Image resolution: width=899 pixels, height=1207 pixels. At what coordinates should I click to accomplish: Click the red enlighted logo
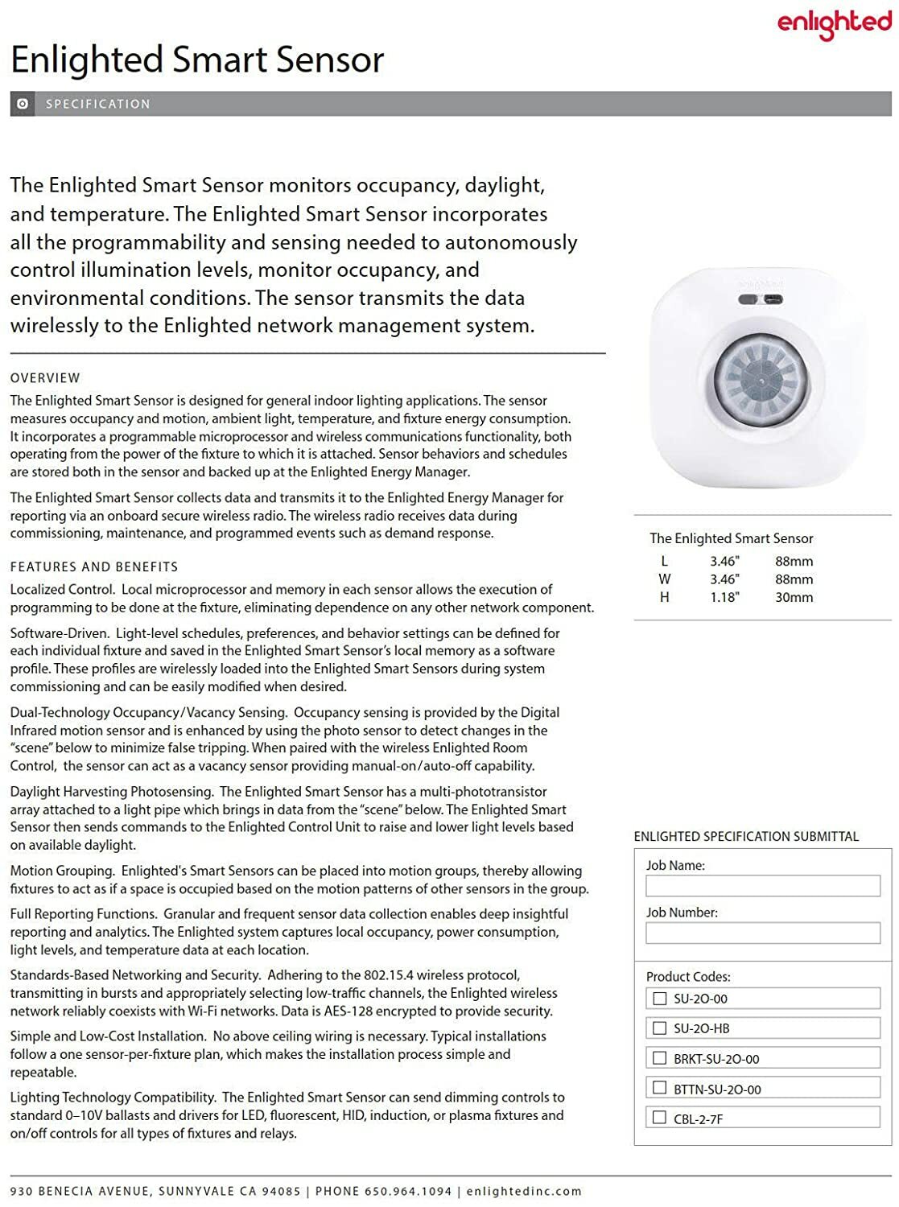pos(834,23)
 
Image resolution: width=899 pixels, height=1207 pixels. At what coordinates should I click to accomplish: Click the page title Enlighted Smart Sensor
pos(197,60)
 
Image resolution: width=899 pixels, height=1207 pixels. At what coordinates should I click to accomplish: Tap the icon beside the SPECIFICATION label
pos(23,104)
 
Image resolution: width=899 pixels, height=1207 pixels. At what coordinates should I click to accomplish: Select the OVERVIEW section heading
pos(45,378)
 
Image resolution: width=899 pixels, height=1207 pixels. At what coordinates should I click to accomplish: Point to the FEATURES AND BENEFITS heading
pos(94,567)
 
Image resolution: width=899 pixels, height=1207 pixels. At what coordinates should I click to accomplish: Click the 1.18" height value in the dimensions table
pos(724,597)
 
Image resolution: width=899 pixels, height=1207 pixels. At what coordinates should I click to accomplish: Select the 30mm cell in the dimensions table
pos(794,597)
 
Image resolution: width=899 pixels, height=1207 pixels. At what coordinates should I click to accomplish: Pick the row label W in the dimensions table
pos(664,579)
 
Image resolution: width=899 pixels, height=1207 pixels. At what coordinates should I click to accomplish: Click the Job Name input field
pos(762,886)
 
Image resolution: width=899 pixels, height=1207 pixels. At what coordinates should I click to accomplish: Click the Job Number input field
pos(762,933)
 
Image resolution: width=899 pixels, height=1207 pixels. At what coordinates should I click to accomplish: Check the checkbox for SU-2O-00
pos(660,999)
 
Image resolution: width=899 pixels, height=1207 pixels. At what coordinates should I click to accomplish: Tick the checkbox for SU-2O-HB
pos(660,1028)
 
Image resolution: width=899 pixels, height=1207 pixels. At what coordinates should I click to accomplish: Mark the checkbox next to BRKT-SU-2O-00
pos(660,1058)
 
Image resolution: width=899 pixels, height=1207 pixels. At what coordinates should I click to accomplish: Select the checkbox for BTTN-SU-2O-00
pos(660,1088)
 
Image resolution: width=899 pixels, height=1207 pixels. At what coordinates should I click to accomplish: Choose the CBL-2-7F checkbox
pos(660,1118)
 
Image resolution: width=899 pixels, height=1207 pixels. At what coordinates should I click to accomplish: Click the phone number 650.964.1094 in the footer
pos(408,1191)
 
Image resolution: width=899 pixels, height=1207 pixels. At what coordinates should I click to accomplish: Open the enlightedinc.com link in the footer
pos(523,1191)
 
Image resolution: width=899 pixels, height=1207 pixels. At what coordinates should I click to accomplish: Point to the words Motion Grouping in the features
pos(62,871)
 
